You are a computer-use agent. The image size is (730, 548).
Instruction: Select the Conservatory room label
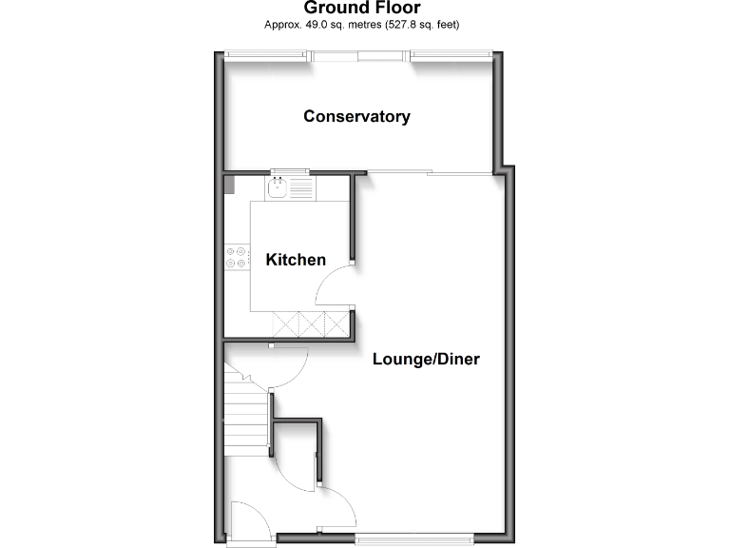coord(356,116)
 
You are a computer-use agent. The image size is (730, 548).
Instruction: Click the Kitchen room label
coord(296,260)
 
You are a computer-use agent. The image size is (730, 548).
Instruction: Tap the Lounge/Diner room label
coord(426,360)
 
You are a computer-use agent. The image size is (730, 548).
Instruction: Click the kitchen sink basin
coord(278,188)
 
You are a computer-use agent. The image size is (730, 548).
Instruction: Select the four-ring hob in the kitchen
coord(236,257)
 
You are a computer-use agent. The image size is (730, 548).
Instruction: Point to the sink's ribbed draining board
coord(300,188)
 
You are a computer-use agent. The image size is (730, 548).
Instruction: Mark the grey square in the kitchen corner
coord(228,186)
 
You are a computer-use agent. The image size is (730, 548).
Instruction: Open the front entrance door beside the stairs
coord(249,523)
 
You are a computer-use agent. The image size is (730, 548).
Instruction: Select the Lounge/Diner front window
coord(414,538)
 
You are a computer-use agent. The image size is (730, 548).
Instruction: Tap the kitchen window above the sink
coord(290,172)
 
